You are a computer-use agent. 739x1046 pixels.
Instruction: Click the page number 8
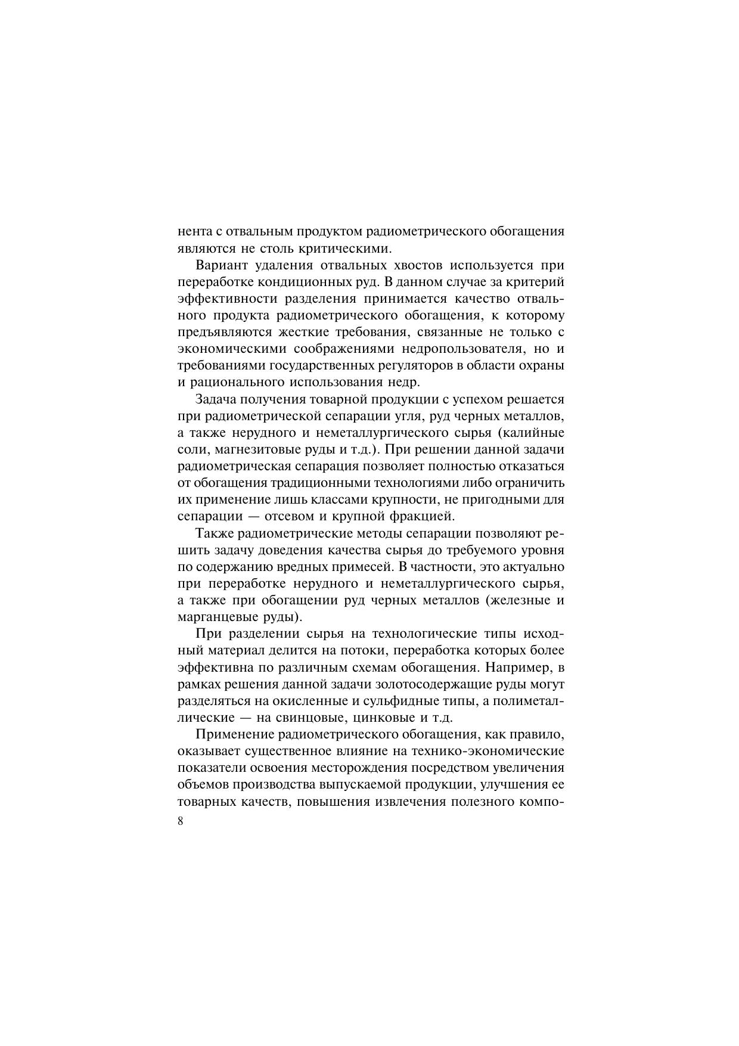tap(181, 821)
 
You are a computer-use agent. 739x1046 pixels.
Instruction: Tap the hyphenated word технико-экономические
tap(482, 751)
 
